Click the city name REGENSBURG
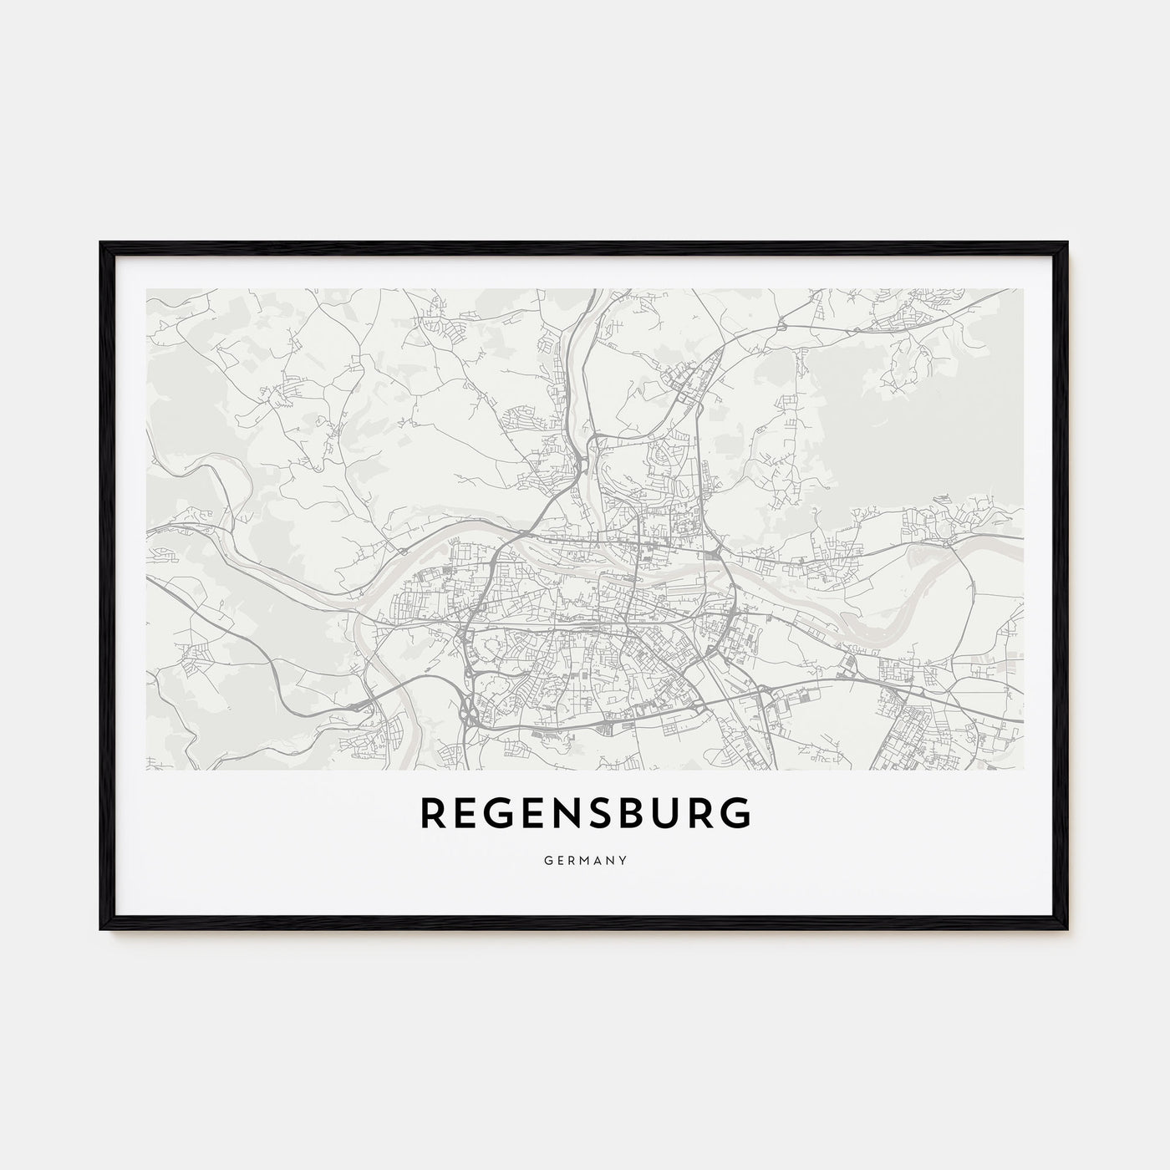pyautogui.click(x=585, y=813)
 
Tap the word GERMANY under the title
pyautogui.click(x=585, y=858)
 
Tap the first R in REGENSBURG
pyautogui.click(x=432, y=813)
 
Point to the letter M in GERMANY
pyautogui.click(x=584, y=858)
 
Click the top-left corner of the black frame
pyautogui.click(x=100, y=242)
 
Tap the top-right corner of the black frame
pyautogui.click(x=1069, y=242)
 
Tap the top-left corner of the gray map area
pyautogui.click(x=147, y=290)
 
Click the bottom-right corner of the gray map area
pyautogui.click(x=1023, y=769)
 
